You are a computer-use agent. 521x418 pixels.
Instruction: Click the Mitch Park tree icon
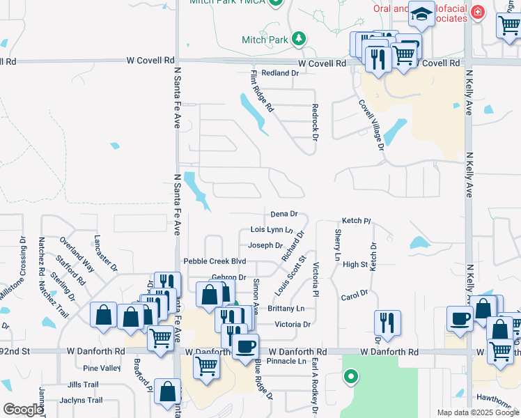click(x=299, y=38)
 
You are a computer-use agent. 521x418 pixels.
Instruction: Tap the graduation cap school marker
click(x=421, y=15)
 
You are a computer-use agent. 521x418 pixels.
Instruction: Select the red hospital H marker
click(x=477, y=11)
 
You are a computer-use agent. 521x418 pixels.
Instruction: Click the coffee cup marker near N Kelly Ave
click(x=460, y=319)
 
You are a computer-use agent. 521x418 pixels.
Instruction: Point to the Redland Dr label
click(x=274, y=73)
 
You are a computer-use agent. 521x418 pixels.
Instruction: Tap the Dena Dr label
click(x=283, y=215)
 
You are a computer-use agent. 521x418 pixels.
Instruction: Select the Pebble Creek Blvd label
click(x=215, y=261)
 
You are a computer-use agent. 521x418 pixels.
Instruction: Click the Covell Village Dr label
click(x=371, y=124)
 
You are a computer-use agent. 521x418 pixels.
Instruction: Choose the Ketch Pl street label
click(x=357, y=221)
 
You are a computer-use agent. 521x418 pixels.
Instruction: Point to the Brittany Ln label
click(x=286, y=308)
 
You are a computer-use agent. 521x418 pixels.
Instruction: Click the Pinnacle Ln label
click(x=286, y=362)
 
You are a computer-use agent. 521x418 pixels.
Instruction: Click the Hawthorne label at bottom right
click(x=498, y=398)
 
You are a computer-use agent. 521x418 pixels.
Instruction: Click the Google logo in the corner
click(x=22, y=410)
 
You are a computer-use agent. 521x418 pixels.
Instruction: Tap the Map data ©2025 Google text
click(x=478, y=412)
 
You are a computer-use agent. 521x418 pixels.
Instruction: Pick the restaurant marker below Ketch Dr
click(x=387, y=323)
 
